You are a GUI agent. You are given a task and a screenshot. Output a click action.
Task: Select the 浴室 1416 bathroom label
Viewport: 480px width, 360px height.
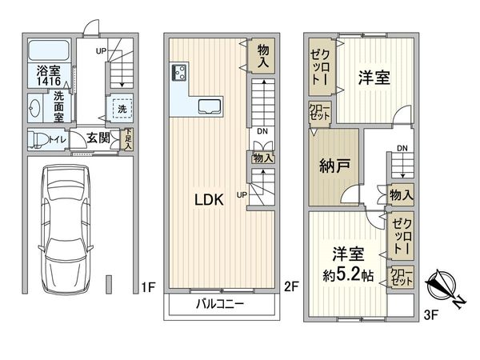pos(47,75)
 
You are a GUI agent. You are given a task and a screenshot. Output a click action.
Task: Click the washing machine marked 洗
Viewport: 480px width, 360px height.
pos(122,108)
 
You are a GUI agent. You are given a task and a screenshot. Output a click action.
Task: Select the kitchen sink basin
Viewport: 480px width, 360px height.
pos(210,106)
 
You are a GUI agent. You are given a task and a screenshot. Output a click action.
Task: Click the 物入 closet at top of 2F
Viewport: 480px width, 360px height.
pos(262,55)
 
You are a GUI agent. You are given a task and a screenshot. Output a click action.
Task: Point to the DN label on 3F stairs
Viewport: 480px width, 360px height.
pos(402,148)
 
